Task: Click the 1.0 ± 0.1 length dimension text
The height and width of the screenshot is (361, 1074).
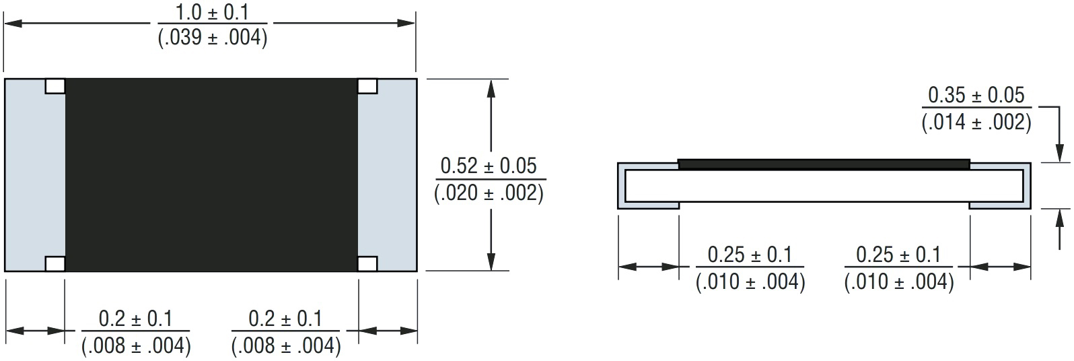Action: click(212, 12)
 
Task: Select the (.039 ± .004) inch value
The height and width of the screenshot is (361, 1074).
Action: click(213, 38)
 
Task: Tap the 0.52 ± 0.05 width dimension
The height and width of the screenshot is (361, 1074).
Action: click(489, 165)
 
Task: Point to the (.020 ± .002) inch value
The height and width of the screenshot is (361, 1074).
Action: click(489, 193)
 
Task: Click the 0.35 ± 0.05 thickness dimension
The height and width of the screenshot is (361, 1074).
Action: click(976, 95)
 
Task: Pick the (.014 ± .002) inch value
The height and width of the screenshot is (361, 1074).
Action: click(976, 122)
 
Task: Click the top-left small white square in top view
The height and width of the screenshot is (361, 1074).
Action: click(55, 86)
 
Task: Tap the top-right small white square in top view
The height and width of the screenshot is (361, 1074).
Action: click(367, 86)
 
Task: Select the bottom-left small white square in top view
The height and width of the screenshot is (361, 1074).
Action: click(55, 263)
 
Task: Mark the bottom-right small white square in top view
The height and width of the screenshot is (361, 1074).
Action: click(367, 263)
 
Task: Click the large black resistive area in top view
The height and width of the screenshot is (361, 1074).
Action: click(211, 175)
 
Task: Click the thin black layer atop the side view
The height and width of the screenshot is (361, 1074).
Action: click(824, 164)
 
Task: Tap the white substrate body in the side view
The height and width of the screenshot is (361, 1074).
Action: click(824, 186)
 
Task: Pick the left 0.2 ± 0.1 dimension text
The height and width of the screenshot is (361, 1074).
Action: click(135, 319)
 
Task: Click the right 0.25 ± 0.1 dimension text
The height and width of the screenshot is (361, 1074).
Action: click(898, 255)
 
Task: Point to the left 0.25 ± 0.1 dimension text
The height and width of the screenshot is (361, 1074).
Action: click(750, 255)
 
